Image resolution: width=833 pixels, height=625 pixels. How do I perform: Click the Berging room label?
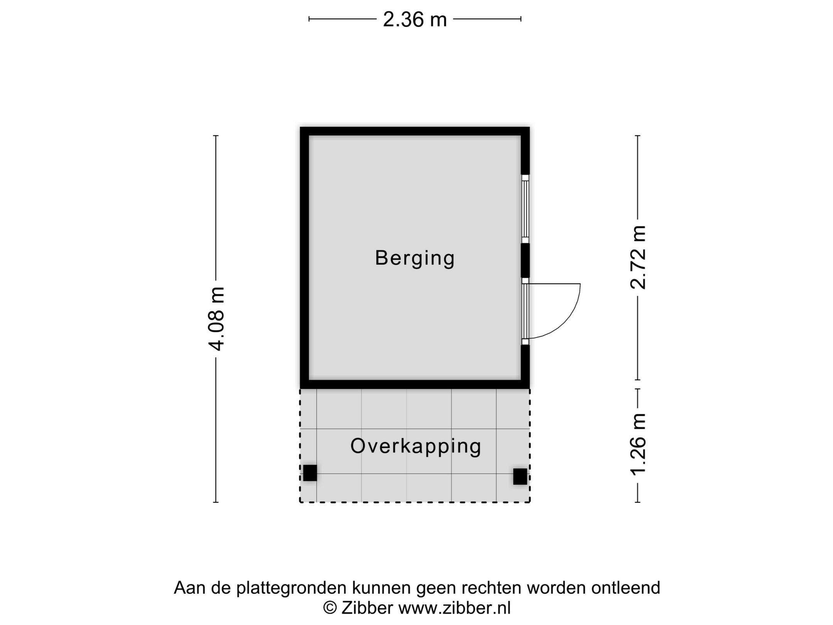click(415, 258)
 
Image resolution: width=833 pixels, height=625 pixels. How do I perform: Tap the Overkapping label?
click(416, 446)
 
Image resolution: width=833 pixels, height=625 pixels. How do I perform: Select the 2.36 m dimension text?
click(415, 19)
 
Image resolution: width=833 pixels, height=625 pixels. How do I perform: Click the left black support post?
click(310, 473)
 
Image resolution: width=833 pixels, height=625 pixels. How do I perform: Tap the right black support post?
click(520, 476)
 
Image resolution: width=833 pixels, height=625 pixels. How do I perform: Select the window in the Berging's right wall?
click(525, 209)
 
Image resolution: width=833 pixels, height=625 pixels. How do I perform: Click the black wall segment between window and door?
click(525, 260)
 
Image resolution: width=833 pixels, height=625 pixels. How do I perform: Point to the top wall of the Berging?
click(415, 131)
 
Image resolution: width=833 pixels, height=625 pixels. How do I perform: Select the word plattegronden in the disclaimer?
click(292, 588)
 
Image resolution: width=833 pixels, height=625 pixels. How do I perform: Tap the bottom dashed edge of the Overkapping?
click(415, 502)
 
